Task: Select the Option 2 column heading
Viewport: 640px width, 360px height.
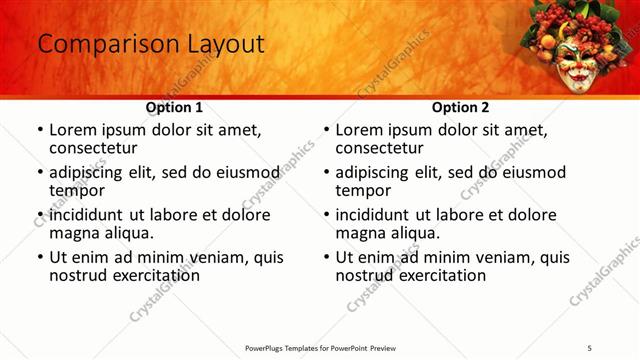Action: coord(460,107)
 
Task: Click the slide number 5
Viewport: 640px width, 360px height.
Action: coord(590,347)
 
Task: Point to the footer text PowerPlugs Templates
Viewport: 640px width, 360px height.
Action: coord(290,347)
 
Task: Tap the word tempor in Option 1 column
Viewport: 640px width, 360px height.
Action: coord(77,190)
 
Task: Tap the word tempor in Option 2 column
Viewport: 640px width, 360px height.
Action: coord(363,190)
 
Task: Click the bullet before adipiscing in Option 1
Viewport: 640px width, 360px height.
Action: coord(40,172)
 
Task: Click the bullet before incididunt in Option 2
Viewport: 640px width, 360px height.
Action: coord(326,215)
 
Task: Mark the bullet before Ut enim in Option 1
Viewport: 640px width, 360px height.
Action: coord(40,257)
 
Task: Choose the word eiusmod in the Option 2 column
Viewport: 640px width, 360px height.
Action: coord(533,172)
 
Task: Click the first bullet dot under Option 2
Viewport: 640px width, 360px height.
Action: coord(326,130)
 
